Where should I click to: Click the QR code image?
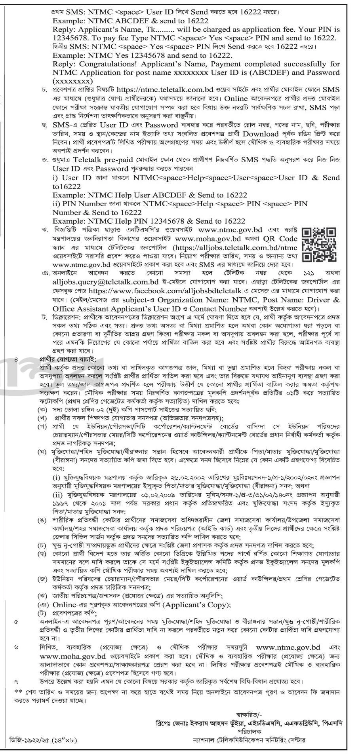[x=319, y=245]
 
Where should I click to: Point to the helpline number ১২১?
[x=308, y=273]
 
